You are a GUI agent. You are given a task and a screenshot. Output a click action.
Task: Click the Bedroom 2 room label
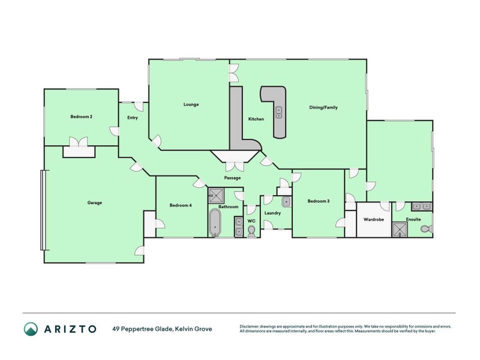pyautogui.click(x=81, y=116)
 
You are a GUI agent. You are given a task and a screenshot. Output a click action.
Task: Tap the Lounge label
pyautogui.click(x=191, y=104)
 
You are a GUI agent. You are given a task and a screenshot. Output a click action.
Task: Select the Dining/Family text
pyautogui.click(x=323, y=107)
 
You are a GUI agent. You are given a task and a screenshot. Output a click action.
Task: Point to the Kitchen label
pyautogui.click(x=256, y=119)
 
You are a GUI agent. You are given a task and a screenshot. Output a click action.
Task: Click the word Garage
pyautogui.click(x=94, y=203)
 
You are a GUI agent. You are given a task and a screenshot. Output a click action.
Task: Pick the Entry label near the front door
pyautogui.click(x=133, y=118)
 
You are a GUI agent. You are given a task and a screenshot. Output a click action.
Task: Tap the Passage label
pyautogui.click(x=232, y=178)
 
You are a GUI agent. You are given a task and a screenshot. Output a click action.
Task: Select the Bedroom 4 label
pyautogui.click(x=180, y=205)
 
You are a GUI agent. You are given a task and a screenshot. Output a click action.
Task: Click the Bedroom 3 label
pyautogui.click(x=318, y=201)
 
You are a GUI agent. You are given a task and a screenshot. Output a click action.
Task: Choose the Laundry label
pyautogui.click(x=272, y=213)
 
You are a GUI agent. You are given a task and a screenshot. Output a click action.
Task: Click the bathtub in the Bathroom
pyautogui.click(x=215, y=223)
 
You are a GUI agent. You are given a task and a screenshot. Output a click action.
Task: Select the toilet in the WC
pyautogui.click(x=252, y=230)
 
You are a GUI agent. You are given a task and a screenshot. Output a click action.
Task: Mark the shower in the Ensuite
pyautogui.click(x=399, y=229)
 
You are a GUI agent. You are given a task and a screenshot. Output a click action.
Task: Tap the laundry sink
pyautogui.click(x=286, y=201)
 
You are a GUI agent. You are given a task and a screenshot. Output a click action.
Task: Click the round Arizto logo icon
pyautogui.click(x=31, y=329)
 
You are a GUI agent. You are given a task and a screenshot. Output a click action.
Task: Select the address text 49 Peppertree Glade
pyautogui.click(x=143, y=329)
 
